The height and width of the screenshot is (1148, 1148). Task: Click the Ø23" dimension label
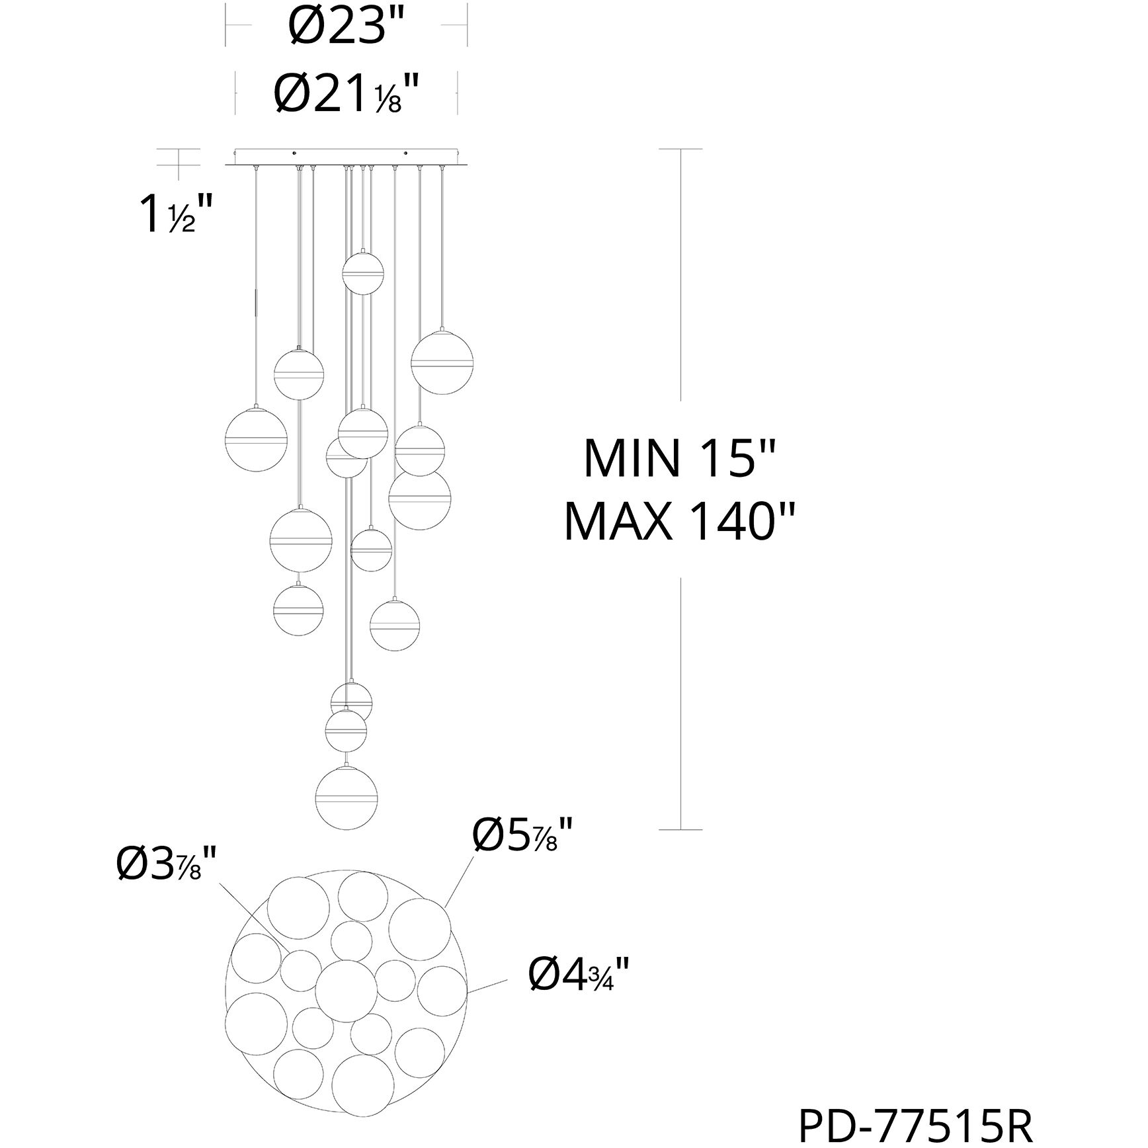click(346, 27)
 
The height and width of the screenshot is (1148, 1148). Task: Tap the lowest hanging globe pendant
click(347, 798)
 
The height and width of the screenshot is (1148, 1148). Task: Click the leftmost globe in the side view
click(256, 439)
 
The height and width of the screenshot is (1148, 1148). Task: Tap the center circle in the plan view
click(343, 991)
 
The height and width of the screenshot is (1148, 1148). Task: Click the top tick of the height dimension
click(681, 149)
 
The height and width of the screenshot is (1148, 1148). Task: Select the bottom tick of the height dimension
click(681, 829)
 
